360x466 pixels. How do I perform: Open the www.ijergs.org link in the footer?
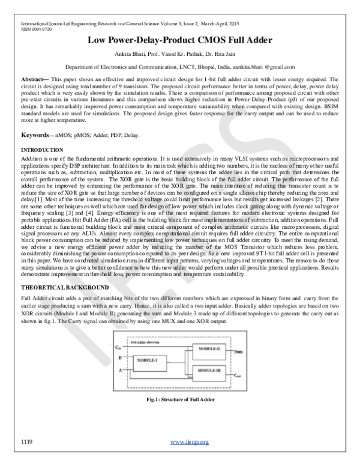tap(190, 443)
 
